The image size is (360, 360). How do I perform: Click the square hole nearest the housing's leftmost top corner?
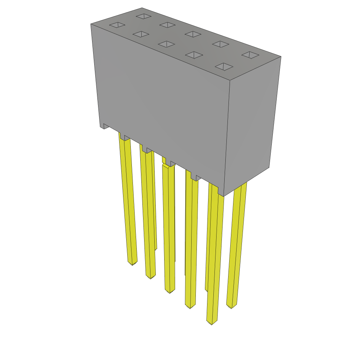pyautogui.click(x=117, y=25)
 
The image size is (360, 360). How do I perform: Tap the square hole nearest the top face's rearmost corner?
pyautogui.click(x=143, y=16)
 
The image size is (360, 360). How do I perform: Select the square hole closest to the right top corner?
pyautogui.click(x=250, y=55)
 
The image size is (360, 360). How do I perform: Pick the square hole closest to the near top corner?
pyautogui.click(x=224, y=66)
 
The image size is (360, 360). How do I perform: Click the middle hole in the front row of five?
pyautogui.click(x=166, y=44)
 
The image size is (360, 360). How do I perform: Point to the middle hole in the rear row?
pyautogui.click(x=193, y=34)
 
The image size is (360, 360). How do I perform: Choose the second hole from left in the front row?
pyautogui.click(x=141, y=34)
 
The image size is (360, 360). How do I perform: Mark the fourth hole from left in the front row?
pyautogui.click(x=194, y=55)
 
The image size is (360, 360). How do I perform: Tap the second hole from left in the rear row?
pyautogui.click(x=167, y=25)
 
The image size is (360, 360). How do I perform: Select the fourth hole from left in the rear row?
pyautogui.click(x=220, y=44)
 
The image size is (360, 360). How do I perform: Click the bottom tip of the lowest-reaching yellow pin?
pyautogui.click(x=212, y=322)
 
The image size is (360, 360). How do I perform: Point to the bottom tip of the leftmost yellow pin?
pyautogui.click(x=132, y=263)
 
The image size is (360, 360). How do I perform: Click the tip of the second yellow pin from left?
pyautogui.click(x=150, y=277)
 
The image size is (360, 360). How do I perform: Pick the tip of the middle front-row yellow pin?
pyautogui.click(x=170, y=291)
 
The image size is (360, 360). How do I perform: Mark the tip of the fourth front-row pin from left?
pyautogui.click(x=190, y=307)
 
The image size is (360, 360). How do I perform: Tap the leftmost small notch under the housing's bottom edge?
pyautogui.click(x=104, y=126)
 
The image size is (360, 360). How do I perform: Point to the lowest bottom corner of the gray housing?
pyautogui.click(x=224, y=196)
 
